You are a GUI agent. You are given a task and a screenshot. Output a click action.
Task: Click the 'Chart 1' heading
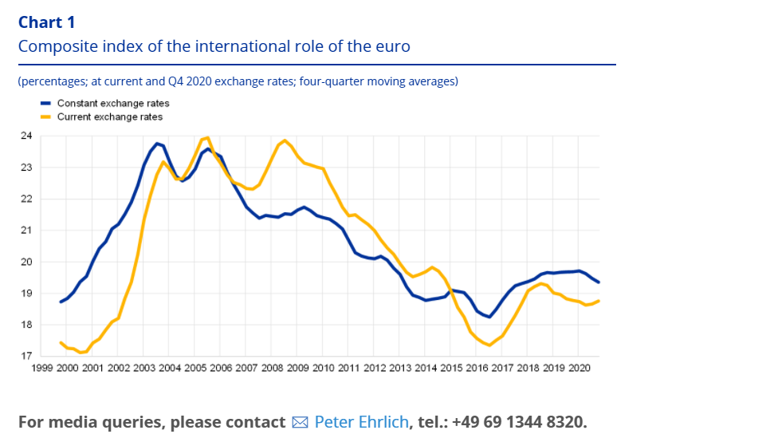[x=46, y=22]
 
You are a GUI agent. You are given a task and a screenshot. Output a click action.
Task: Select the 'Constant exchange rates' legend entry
[x=113, y=104]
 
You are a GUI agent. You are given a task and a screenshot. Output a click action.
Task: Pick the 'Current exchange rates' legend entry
[x=110, y=116]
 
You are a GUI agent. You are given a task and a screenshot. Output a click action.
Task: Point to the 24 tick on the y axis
[x=27, y=136]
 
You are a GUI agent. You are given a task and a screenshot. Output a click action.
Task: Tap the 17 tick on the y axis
[x=27, y=356]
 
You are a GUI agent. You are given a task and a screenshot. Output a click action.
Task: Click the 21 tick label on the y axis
[x=27, y=231]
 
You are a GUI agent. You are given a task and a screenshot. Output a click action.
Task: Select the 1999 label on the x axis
[x=41, y=368]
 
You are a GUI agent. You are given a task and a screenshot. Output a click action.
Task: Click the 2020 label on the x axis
[x=578, y=368]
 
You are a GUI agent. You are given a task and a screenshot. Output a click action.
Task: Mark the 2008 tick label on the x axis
[x=272, y=368]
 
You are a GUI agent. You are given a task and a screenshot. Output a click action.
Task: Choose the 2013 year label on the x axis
[x=399, y=368]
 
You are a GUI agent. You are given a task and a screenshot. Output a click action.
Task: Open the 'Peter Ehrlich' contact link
[x=361, y=422]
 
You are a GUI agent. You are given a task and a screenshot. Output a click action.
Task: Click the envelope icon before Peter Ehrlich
[x=300, y=422]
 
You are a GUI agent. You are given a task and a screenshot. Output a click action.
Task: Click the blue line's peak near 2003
[x=156, y=144]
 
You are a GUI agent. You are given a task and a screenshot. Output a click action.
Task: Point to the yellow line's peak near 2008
[x=285, y=140]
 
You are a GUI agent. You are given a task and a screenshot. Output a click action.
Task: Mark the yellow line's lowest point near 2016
[x=488, y=345]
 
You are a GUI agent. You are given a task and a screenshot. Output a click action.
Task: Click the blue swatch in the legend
[x=45, y=104]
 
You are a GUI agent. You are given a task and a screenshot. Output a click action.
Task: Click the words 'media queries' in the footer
[x=117, y=422]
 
